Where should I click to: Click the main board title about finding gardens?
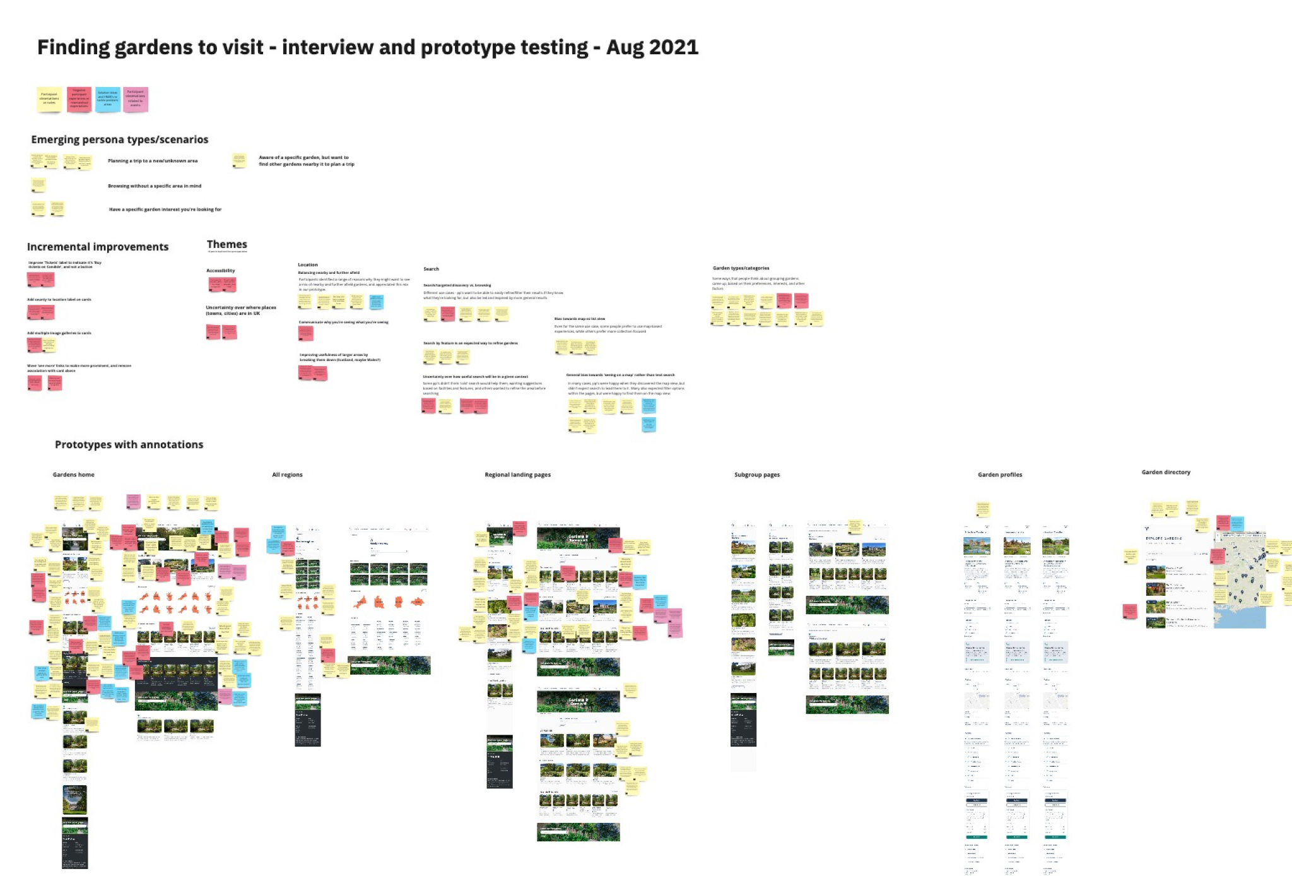click(368, 47)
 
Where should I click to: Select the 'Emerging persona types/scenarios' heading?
click(120, 139)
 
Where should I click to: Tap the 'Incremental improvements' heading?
click(98, 247)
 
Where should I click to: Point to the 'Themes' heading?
click(226, 244)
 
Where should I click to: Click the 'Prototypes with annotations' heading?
click(129, 444)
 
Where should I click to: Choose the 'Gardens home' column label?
click(73, 475)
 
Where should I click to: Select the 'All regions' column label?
click(287, 475)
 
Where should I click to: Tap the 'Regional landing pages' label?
click(517, 475)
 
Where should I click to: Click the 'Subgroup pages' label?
click(756, 475)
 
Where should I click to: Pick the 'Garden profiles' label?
click(1000, 475)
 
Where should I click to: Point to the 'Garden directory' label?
click(1166, 472)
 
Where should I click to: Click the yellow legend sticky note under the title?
click(49, 99)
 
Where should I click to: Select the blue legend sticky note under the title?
click(107, 99)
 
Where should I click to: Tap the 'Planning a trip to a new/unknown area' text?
click(153, 161)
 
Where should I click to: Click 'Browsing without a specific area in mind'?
click(155, 186)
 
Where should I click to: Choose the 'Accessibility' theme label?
click(221, 271)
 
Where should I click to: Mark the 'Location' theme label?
click(308, 265)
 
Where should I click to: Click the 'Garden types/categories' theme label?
click(741, 268)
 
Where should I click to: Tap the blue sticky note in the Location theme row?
click(376, 302)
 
